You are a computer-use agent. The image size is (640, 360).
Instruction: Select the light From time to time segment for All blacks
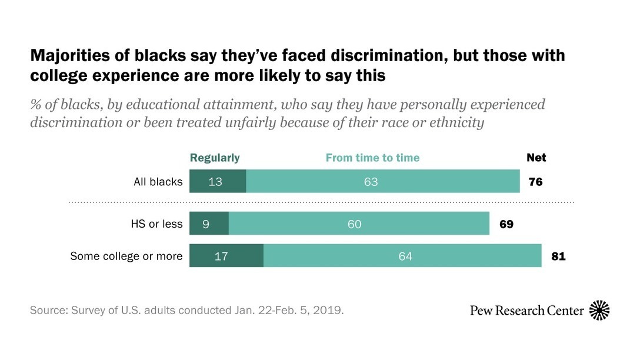click(382, 182)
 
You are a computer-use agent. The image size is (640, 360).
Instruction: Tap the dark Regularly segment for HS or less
click(209, 224)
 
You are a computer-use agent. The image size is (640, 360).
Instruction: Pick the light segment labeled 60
click(359, 224)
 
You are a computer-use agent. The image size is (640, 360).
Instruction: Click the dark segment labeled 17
click(226, 256)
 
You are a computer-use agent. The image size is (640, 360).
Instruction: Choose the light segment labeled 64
click(402, 256)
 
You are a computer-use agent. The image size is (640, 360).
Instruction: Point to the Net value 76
click(535, 182)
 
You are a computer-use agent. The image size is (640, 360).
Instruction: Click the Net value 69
click(506, 224)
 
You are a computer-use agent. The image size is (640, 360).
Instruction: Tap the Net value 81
click(558, 256)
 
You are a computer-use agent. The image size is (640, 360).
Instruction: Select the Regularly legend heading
click(215, 158)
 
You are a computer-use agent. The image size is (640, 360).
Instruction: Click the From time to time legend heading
click(372, 158)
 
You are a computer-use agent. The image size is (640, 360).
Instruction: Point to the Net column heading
click(536, 158)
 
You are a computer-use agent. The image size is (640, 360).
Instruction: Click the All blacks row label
click(158, 182)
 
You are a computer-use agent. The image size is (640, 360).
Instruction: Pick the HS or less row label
click(156, 224)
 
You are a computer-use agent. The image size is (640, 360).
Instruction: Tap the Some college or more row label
click(126, 256)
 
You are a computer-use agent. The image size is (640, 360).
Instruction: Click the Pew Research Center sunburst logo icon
click(599, 310)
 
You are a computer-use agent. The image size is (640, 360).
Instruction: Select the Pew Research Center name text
click(527, 310)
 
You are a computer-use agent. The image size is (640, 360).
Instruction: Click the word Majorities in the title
click(66, 56)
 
